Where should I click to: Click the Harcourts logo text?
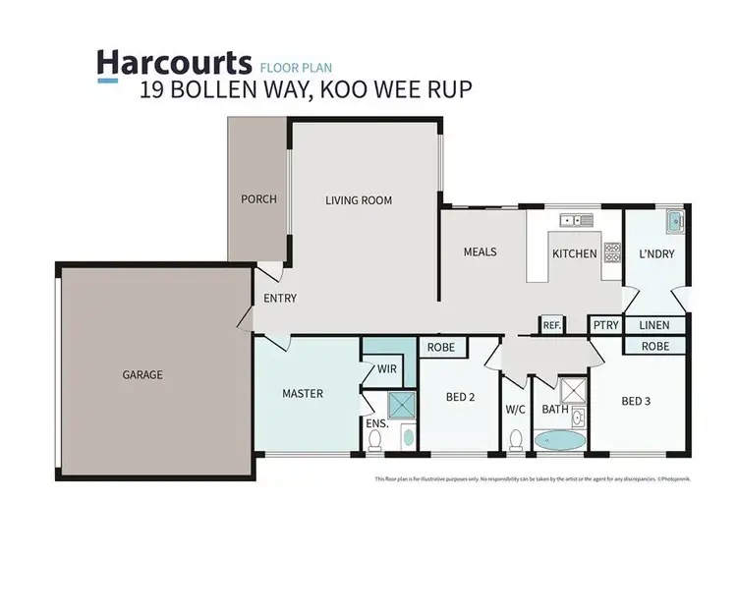pos(173,62)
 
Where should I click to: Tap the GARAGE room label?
pos(142,374)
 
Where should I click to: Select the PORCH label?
pos(258,199)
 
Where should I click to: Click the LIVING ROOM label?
pos(359,200)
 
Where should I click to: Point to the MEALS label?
pos(481,252)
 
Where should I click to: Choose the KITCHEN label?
pos(574,253)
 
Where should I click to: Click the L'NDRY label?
pos(656,253)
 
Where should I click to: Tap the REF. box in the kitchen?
pos(551,325)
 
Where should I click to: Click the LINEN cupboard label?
pos(653,325)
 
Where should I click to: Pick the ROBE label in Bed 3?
pos(655,347)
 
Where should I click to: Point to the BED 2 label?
pos(461,398)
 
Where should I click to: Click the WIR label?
pos(386,370)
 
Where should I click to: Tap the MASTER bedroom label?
pos(303,394)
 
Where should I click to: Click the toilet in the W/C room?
pos(516,439)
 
